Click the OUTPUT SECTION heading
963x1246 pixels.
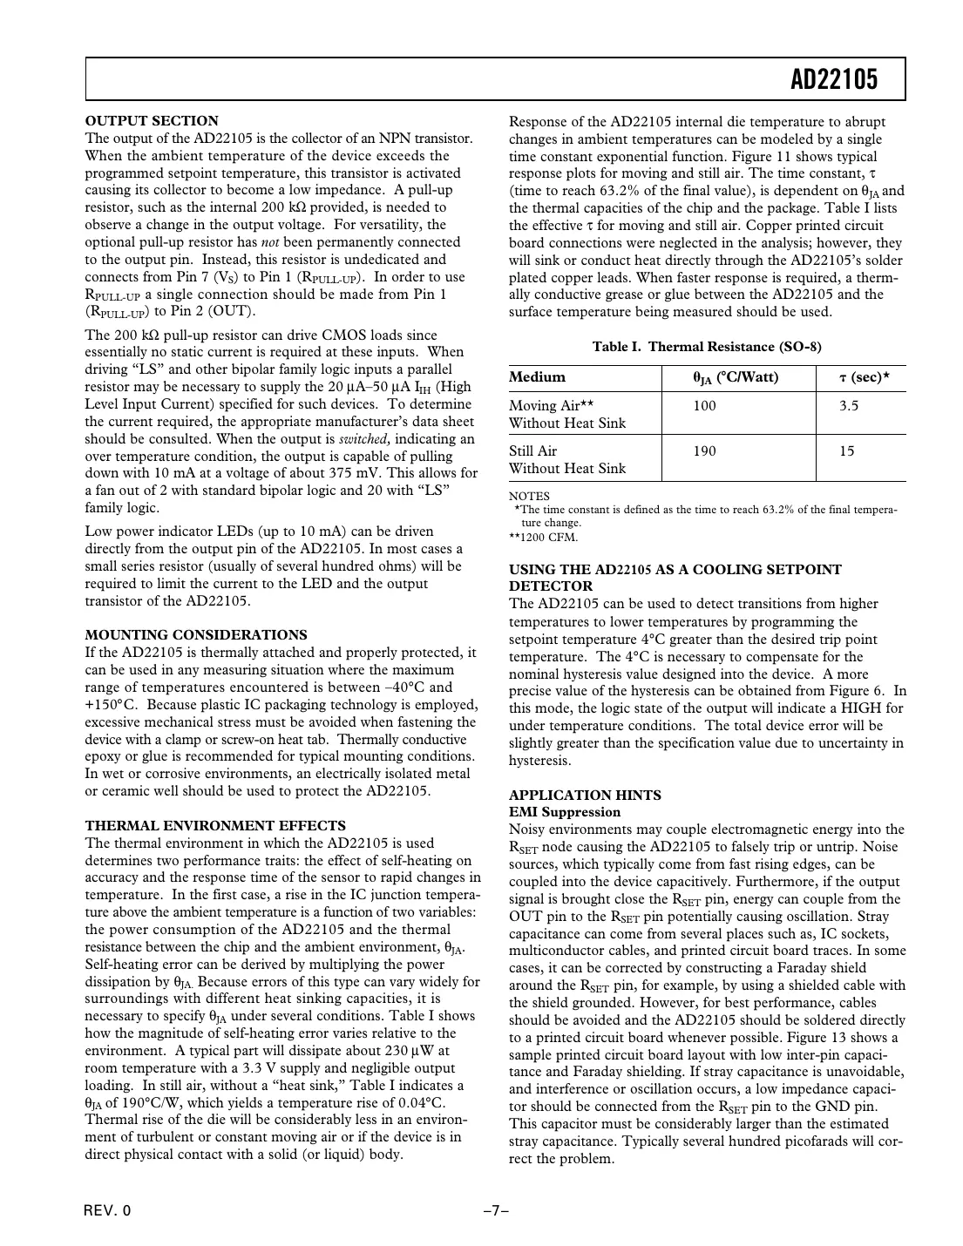click(152, 121)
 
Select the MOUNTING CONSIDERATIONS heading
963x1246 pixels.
click(195, 635)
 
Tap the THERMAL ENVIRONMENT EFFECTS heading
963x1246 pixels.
click(215, 826)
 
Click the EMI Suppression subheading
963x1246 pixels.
click(565, 812)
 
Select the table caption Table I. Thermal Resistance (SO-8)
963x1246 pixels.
click(707, 347)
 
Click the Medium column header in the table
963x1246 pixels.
click(537, 377)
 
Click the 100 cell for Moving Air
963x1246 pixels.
click(704, 406)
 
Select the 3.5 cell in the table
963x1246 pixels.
click(848, 406)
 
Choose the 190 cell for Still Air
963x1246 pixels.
click(704, 451)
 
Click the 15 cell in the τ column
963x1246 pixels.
click(846, 451)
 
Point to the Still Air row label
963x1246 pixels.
click(532, 451)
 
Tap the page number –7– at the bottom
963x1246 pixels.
click(496, 1211)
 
